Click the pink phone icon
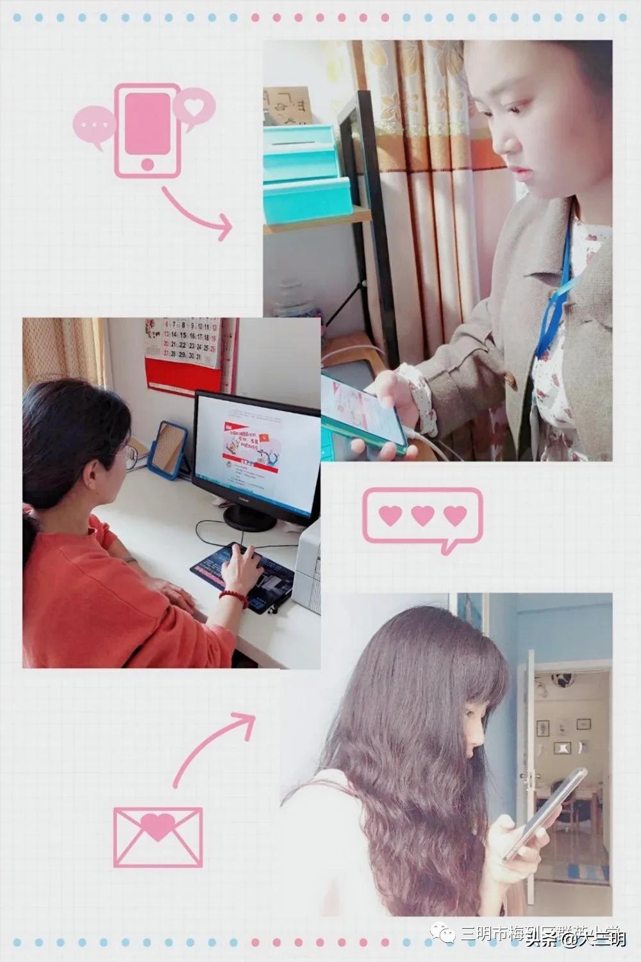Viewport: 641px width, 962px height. [147, 130]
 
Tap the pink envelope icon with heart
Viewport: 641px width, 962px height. [158, 837]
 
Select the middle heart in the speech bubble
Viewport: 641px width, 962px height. [422, 515]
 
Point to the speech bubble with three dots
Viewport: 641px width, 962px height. [94, 126]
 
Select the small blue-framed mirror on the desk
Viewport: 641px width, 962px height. [168, 450]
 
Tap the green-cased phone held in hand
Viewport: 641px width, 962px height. [362, 416]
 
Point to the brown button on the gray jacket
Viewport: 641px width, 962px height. [510, 379]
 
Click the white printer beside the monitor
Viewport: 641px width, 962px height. [308, 564]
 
